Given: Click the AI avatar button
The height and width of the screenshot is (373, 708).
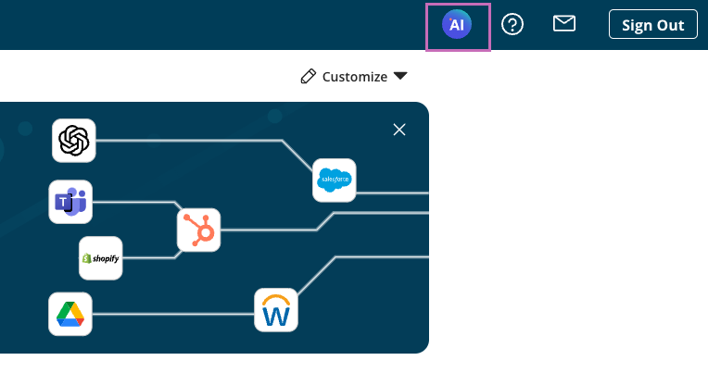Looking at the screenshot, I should coord(458,26).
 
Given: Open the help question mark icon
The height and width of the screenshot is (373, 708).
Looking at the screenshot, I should coord(512,25).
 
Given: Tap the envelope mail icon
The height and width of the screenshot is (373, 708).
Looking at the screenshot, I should coord(564,24).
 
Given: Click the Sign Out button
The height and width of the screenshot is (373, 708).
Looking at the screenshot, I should coord(652,25).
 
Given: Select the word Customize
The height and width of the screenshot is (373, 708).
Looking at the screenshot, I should coord(355,77).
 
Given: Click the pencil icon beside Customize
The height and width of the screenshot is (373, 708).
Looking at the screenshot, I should coord(309,77).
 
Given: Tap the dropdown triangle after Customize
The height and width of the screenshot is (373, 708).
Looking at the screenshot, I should coord(400,76).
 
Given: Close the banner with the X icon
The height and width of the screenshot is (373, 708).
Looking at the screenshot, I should coord(399,130).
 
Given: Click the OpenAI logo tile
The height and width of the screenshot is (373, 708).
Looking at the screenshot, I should coord(74,141).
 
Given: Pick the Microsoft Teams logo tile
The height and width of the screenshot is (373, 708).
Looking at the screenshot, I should coord(70,202).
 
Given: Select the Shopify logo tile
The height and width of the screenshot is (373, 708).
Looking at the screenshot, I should coord(100,258).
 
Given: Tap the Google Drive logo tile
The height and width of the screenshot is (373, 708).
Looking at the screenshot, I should coord(70,314).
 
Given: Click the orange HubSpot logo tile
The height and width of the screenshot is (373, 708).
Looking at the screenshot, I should coord(199,230).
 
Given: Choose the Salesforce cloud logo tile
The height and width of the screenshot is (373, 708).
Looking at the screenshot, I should coord(334,180).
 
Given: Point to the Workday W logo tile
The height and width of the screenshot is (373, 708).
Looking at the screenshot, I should coord(276,310).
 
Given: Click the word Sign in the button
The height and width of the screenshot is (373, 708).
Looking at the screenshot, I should coord(638,25).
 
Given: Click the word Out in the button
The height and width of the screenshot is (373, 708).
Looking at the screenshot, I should coord(671,25).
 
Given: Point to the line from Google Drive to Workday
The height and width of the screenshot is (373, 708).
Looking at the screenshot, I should coord(171,314).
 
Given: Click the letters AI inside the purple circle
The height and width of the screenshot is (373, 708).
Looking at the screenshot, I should coord(457,26).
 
